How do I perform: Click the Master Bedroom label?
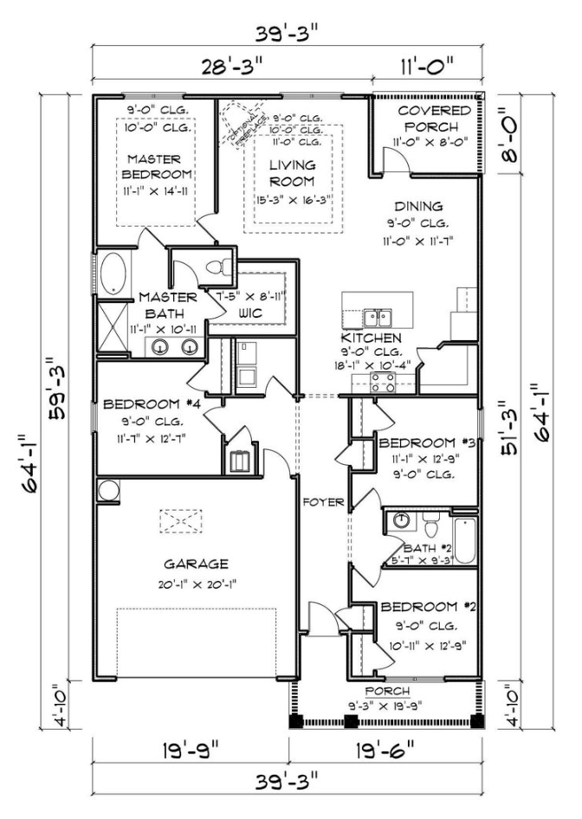[x=153, y=167]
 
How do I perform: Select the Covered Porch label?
[x=435, y=119]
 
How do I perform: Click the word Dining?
[x=418, y=206]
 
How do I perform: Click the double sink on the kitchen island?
[x=378, y=316]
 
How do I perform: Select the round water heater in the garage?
[x=108, y=490]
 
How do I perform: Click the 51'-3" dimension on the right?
[x=513, y=425]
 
